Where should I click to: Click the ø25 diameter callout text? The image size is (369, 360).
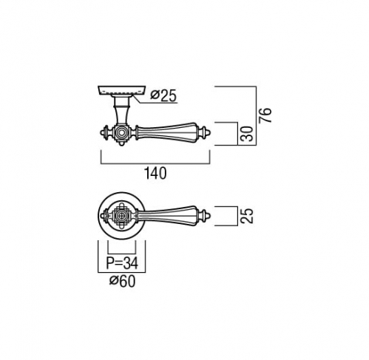click(163, 95)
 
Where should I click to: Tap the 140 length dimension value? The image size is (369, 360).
click(155, 173)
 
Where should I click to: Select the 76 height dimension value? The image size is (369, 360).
click(265, 115)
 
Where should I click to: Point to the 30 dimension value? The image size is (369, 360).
click(247, 134)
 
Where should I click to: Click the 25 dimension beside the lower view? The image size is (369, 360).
click(247, 216)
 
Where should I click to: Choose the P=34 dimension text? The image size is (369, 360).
click(122, 263)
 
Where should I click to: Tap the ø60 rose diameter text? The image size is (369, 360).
click(122, 281)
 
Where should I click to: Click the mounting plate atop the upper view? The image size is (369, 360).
click(122, 90)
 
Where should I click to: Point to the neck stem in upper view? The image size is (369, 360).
click(121, 111)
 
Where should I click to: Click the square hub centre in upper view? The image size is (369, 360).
click(121, 133)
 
